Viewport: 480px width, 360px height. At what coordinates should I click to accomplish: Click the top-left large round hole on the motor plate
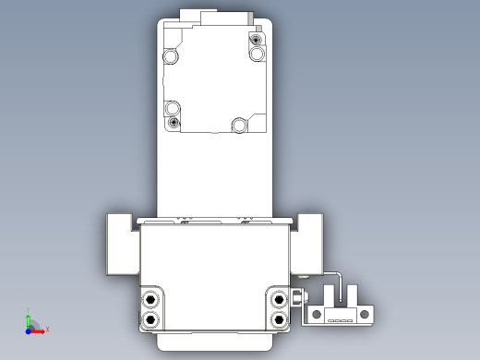click(x=171, y=56)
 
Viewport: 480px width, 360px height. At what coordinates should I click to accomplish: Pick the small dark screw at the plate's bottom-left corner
click(x=173, y=122)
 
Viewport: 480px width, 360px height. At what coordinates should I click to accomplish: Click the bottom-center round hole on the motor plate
click(x=239, y=124)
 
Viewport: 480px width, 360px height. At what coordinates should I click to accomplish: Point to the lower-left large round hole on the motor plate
click(x=172, y=107)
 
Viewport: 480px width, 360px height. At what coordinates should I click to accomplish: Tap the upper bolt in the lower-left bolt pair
click(x=150, y=299)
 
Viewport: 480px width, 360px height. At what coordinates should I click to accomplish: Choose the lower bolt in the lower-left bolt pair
click(x=150, y=318)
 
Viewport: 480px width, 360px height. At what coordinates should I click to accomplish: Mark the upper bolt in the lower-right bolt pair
click(x=279, y=299)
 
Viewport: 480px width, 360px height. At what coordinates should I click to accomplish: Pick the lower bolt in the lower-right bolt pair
click(x=279, y=318)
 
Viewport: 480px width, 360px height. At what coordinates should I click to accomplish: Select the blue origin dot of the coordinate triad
click(x=29, y=329)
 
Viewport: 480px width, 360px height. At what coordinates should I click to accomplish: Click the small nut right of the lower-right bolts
click(x=297, y=299)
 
